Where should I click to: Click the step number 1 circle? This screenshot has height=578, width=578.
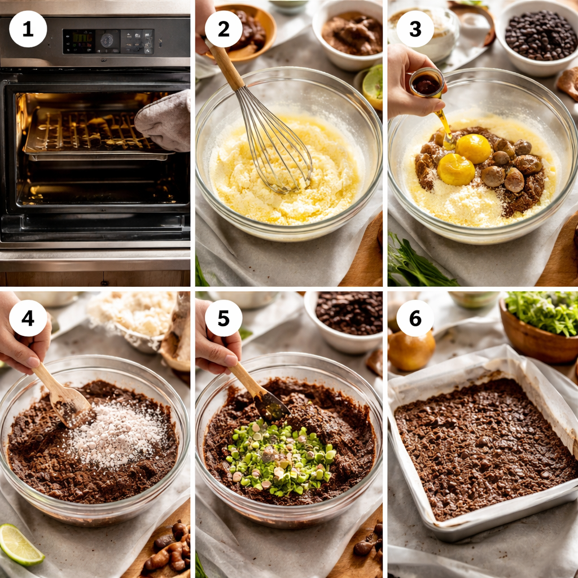coord(28,29)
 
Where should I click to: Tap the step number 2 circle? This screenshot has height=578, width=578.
coord(224,29)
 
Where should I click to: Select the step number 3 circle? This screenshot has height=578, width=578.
coord(415,29)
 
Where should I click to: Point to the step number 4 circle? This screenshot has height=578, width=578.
coord(28,318)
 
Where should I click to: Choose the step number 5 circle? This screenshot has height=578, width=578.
coord(224,318)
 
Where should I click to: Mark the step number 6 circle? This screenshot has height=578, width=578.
coord(415,318)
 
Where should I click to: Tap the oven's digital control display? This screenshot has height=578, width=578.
coord(107,41)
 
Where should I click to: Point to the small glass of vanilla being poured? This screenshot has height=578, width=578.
coord(426,84)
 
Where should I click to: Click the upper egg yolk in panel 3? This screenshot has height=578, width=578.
coord(473,148)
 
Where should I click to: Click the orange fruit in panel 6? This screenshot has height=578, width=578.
coord(411,350)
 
